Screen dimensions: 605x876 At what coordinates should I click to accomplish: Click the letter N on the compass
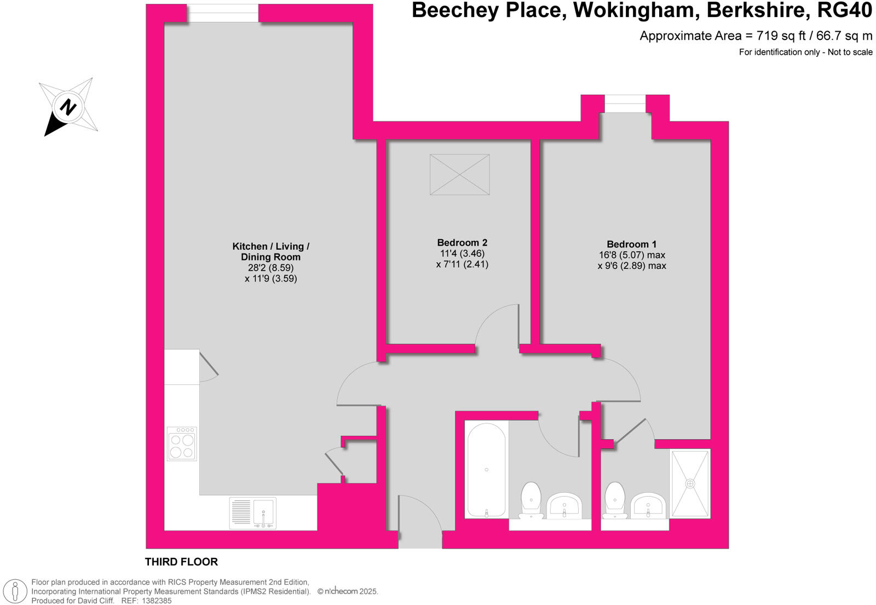(x=68, y=107)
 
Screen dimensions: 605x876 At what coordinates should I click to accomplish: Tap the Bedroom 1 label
(x=631, y=244)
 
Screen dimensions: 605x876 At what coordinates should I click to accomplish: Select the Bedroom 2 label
(x=462, y=243)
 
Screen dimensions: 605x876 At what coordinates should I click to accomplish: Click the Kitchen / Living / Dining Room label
(x=270, y=251)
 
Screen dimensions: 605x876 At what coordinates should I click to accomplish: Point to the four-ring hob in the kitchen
(x=182, y=444)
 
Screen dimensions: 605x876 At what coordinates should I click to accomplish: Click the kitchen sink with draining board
(x=253, y=513)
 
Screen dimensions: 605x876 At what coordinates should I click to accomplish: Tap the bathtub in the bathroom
(x=486, y=470)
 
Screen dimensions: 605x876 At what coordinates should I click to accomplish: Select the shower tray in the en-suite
(x=690, y=483)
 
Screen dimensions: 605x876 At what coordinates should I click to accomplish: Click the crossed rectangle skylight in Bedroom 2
(x=459, y=175)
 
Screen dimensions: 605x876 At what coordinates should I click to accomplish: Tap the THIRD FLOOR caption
(x=181, y=562)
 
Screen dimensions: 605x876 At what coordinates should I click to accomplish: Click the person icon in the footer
(x=15, y=591)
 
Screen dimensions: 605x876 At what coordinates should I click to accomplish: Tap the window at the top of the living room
(x=223, y=13)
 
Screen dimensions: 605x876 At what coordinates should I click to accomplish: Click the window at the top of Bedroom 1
(x=625, y=103)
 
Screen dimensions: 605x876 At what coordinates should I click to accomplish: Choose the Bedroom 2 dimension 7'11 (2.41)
(x=462, y=264)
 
